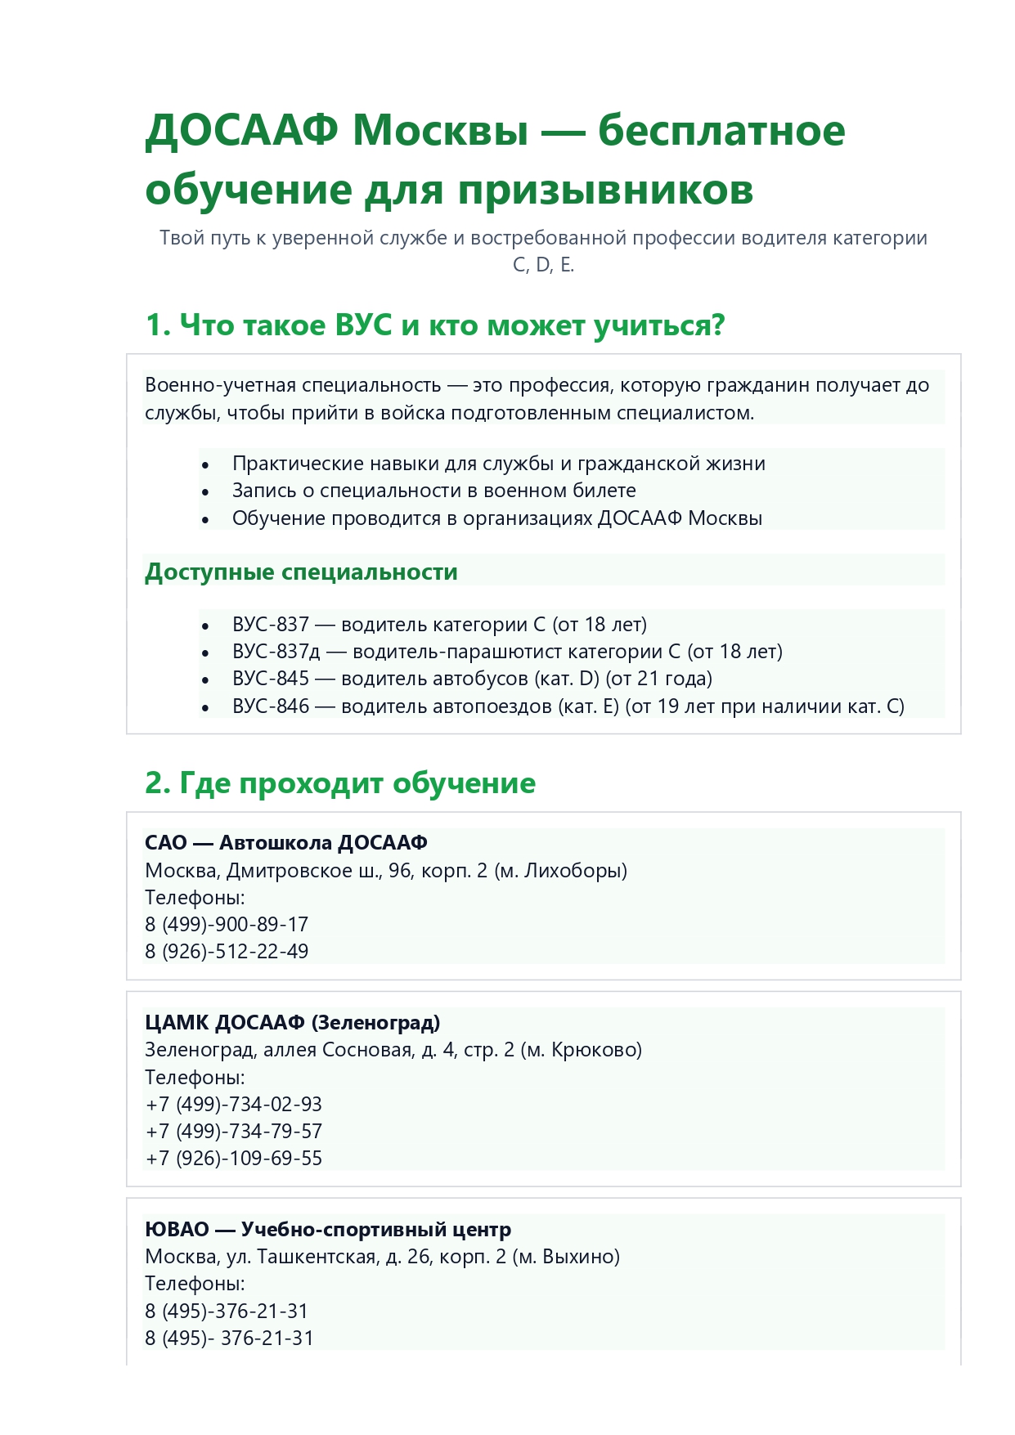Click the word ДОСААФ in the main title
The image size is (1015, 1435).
pyautogui.click(x=242, y=131)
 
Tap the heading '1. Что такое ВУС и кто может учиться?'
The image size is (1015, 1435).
pyautogui.click(x=434, y=325)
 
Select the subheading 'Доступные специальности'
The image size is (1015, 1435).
pyautogui.click(x=301, y=572)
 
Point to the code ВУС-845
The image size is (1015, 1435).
pyautogui.click(x=271, y=679)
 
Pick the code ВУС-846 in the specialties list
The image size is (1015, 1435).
pyautogui.click(x=271, y=706)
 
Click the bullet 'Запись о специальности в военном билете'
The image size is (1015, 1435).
pyautogui.click(x=433, y=491)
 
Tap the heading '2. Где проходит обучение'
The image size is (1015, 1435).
pyautogui.click(x=340, y=783)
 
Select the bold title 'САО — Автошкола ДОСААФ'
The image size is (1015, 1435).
pyautogui.click(x=286, y=843)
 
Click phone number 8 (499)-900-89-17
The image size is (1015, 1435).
pyautogui.click(x=227, y=925)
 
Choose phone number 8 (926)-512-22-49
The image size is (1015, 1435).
pyautogui.click(x=227, y=952)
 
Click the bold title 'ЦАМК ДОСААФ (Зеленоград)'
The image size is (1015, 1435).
pyautogui.click(x=292, y=1023)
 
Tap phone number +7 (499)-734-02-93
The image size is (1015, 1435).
pyautogui.click(x=234, y=1105)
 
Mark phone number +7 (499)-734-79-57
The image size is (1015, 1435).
pyautogui.click(x=234, y=1132)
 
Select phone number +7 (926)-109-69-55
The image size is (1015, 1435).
pyautogui.click(x=234, y=1159)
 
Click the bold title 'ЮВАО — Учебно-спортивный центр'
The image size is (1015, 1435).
pyautogui.click(x=328, y=1230)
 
